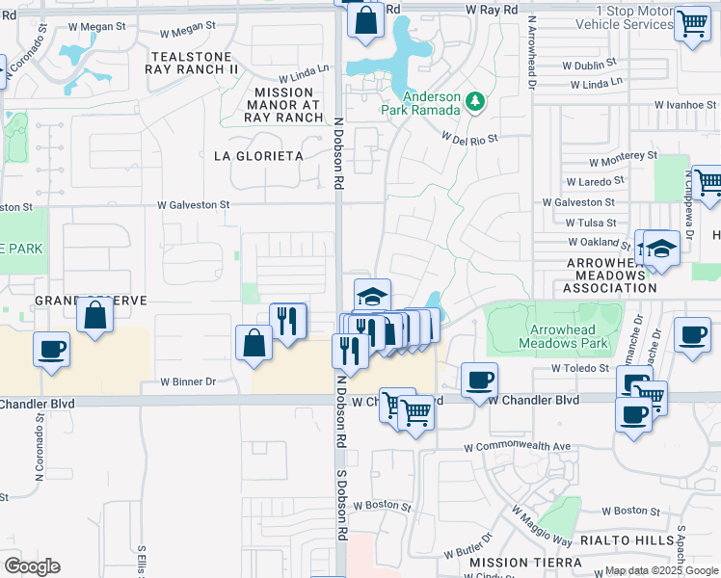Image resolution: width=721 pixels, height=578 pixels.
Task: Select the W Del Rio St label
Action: coord(469,138)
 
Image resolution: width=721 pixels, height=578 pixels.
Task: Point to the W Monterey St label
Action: coord(624,154)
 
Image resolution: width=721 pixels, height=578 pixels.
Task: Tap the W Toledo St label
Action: coord(581,368)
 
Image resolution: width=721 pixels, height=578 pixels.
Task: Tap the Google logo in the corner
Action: coord(32,565)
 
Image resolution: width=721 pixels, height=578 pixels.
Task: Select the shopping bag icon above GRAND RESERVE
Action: coord(95,315)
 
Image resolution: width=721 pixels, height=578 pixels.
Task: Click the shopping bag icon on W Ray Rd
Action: coord(366,20)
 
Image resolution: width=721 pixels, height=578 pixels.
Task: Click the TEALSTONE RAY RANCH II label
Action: coord(192,63)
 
